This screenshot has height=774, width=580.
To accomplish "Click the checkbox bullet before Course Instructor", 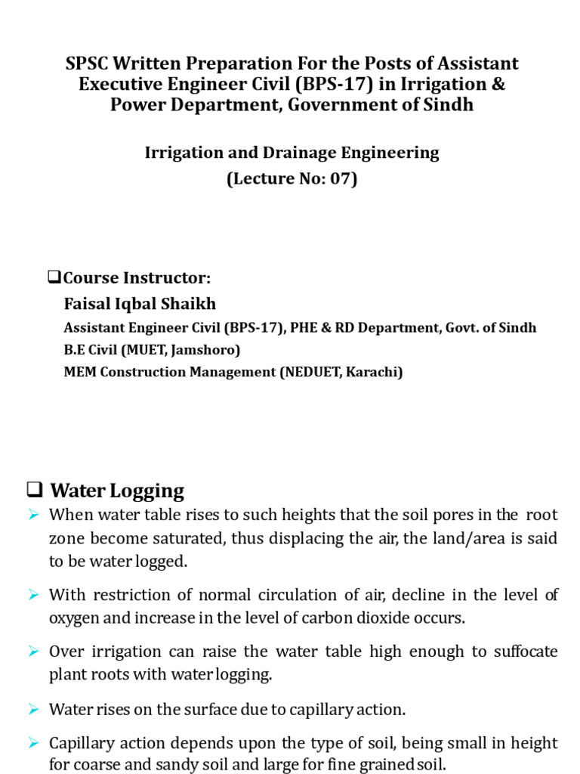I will pyautogui.click(x=54, y=277).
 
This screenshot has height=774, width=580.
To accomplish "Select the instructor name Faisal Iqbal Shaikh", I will pyautogui.click(x=140, y=304).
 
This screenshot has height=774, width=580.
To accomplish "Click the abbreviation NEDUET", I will pyautogui.click(x=307, y=373).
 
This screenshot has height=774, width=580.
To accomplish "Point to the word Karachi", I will pyautogui.click(x=372, y=373).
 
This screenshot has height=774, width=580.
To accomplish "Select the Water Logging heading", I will pyautogui.click(x=117, y=491).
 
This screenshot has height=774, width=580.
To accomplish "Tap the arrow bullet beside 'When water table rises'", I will pyautogui.click(x=33, y=515).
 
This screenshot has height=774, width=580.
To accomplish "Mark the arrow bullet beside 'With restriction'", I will pyautogui.click(x=33, y=595).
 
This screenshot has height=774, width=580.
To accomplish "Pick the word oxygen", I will pyautogui.click(x=76, y=618).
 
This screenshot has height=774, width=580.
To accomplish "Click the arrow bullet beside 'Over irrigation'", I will pyautogui.click(x=33, y=652).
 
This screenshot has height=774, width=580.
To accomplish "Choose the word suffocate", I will pyautogui.click(x=526, y=652).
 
